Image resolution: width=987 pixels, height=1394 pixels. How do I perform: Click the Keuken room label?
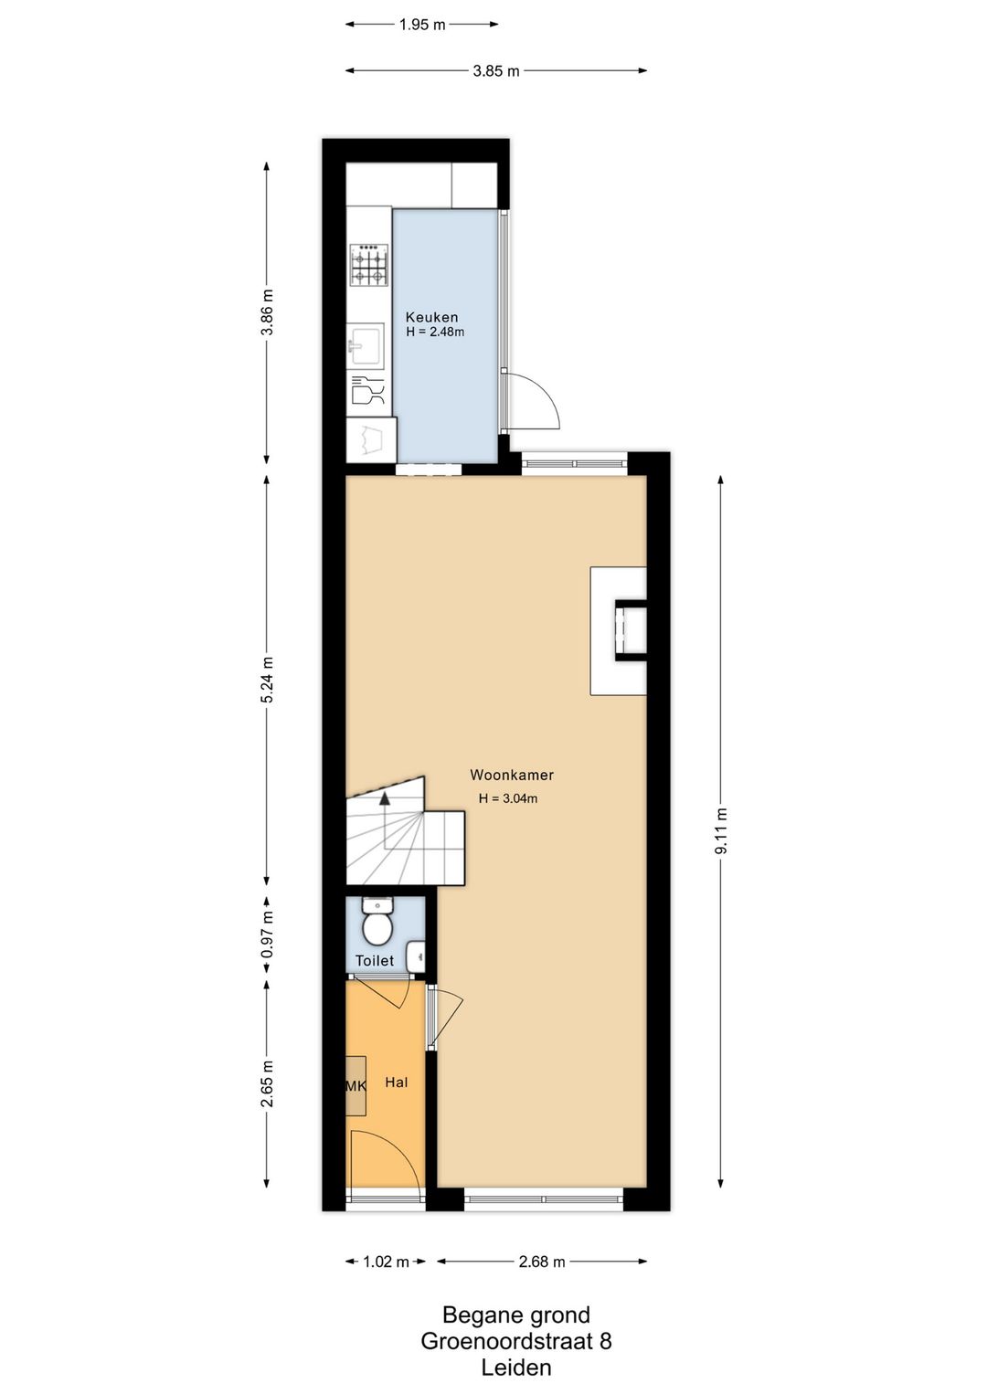pyautogui.click(x=431, y=317)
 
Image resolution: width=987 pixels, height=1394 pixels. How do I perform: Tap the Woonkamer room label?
pyautogui.click(x=512, y=775)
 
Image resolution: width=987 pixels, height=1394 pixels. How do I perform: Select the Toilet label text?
pyautogui.click(x=375, y=960)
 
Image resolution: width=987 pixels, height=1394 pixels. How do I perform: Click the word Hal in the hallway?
pyautogui.click(x=396, y=1082)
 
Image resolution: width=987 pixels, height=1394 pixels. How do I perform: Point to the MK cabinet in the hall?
pyautogui.click(x=356, y=1085)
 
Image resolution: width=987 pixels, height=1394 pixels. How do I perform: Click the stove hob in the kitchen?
pyautogui.click(x=369, y=264)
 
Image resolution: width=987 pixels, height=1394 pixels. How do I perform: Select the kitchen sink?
pyautogui.click(x=367, y=346)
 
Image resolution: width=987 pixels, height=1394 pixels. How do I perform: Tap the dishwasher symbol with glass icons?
pyautogui.click(x=367, y=391)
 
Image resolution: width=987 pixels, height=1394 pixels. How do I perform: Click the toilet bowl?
pyautogui.click(x=377, y=926)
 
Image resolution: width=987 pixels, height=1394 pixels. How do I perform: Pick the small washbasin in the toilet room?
pyautogui.click(x=416, y=956)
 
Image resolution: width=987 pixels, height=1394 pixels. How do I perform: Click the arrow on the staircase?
pyautogui.click(x=385, y=797)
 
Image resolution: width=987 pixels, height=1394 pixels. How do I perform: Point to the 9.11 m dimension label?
pyautogui.click(x=721, y=831)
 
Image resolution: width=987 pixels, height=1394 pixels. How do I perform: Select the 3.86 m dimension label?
pyautogui.click(x=267, y=312)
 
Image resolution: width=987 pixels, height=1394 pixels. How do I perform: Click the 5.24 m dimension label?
pyautogui.click(x=267, y=680)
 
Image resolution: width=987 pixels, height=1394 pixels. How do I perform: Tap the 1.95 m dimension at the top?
pyautogui.click(x=422, y=25)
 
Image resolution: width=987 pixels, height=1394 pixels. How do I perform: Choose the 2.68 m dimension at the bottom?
pyautogui.click(x=542, y=1262)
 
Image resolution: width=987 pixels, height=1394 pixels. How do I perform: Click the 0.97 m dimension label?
pyautogui.click(x=267, y=935)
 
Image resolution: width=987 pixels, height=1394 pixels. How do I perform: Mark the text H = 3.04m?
pyautogui.click(x=508, y=798)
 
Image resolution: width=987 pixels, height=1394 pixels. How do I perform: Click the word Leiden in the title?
pyautogui.click(x=516, y=1368)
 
